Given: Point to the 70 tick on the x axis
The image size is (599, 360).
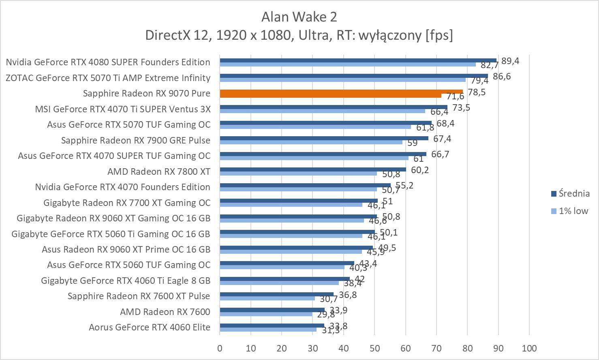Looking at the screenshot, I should [436, 348].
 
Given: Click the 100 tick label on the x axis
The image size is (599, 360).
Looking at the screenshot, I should [529, 348].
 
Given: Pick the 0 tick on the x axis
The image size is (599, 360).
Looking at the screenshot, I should [220, 348].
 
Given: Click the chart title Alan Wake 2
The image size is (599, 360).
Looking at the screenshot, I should [299, 17].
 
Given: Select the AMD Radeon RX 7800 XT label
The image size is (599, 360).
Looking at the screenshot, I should [159, 171].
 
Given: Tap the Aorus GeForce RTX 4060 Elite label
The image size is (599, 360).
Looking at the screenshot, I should [150, 327].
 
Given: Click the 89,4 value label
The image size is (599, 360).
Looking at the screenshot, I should [510, 61].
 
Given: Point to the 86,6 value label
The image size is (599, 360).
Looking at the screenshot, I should [502, 76].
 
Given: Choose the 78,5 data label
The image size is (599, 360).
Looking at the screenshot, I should [477, 92].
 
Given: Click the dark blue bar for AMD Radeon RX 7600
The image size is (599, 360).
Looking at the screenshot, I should [272, 310].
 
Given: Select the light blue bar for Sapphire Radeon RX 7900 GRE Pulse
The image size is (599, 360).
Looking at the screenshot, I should [311, 142].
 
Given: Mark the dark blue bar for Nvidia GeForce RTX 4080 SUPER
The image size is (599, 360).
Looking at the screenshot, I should [358, 60].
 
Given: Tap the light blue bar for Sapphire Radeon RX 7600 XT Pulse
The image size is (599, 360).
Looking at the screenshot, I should [267, 298].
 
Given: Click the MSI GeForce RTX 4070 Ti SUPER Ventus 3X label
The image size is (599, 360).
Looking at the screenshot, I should [123, 109].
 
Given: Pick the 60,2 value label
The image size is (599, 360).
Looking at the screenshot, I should [420, 170].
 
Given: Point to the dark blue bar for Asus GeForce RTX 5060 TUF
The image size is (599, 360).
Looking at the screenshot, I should [287, 263].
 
